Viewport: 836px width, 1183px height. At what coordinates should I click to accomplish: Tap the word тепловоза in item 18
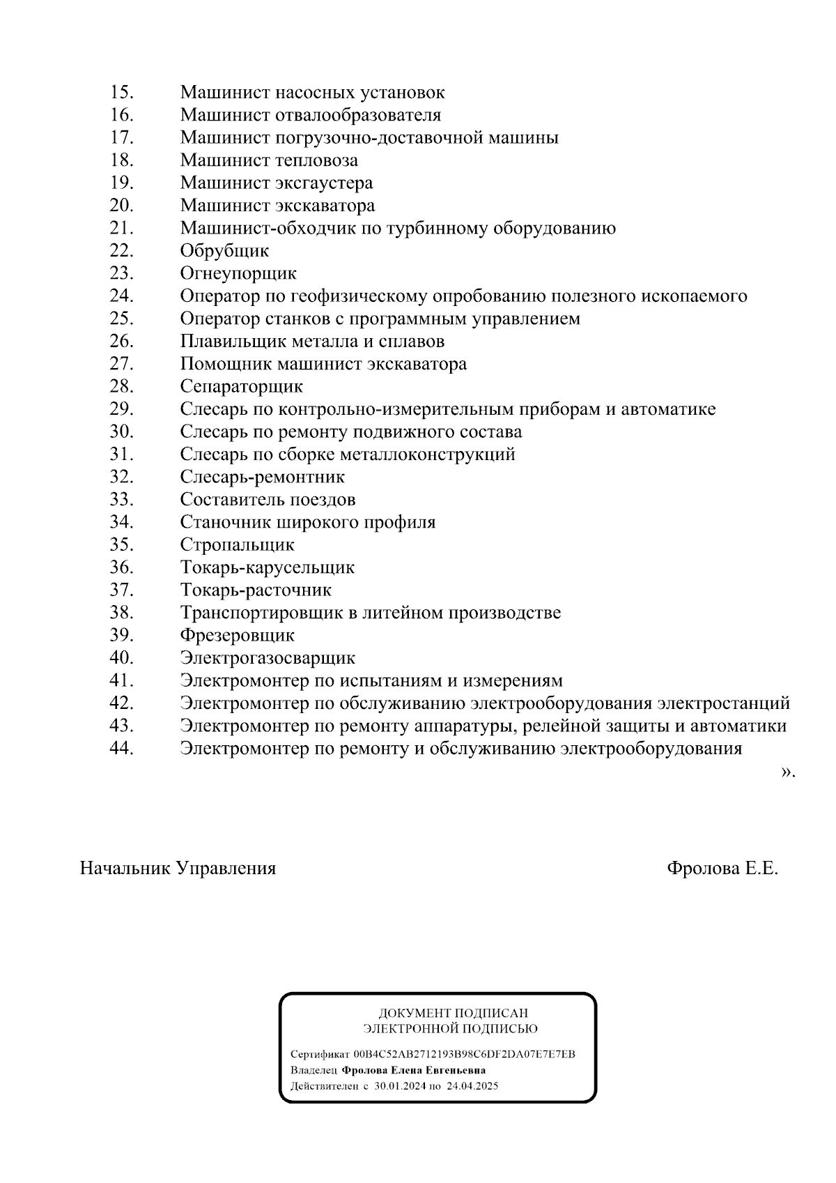[x=317, y=160]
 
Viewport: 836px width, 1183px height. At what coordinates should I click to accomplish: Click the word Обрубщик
[x=224, y=251]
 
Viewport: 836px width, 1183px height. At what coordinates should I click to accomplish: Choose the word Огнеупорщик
[x=238, y=273]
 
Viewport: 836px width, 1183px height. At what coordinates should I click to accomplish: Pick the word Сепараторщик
[x=241, y=386]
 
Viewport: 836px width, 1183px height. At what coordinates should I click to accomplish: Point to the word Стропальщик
[x=237, y=544]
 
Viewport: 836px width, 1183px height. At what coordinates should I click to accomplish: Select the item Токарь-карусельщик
[x=267, y=567]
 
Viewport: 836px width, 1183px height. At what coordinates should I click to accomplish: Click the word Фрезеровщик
[x=237, y=635]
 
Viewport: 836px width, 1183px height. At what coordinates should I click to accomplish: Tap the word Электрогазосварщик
[x=268, y=658]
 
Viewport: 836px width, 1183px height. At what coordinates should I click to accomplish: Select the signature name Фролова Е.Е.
[x=722, y=869]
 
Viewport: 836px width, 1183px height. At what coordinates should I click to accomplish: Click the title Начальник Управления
[x=178, y=869]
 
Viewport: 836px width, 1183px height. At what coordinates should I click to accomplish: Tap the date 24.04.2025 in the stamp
[x=472, y=1086]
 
